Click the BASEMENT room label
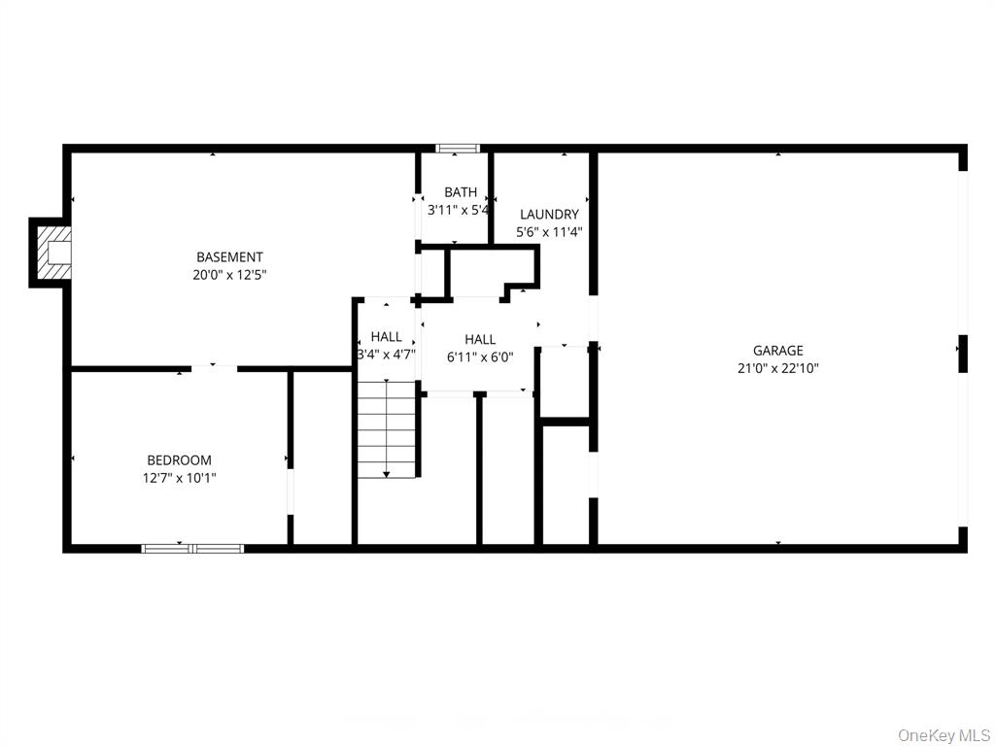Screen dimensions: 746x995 click(229, 257)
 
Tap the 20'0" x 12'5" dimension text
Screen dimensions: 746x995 click(229, 275)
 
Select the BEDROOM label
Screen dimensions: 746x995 click(179, 460)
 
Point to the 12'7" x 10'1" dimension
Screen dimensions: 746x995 click(179, 478)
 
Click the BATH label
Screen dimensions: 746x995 click(461, 192)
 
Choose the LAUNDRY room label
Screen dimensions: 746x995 click(549, 215)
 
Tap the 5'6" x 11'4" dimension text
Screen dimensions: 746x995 click(549, 232)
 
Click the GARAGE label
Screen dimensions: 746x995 click(778, 351)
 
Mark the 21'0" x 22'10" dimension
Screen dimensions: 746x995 click(778, 368)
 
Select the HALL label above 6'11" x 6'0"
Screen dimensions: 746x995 click(480, 340)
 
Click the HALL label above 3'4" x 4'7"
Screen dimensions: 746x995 click(386, 337)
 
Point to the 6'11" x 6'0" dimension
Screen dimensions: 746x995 click(480, 356)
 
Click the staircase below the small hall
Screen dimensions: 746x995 click(387, 427)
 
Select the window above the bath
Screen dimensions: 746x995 click(458, 149)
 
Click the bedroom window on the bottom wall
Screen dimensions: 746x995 click(192, 548)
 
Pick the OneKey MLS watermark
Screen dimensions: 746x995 click(944, 734)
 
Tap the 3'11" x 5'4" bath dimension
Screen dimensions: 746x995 click(458, 209)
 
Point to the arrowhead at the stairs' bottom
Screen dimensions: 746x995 click(387, 473)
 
